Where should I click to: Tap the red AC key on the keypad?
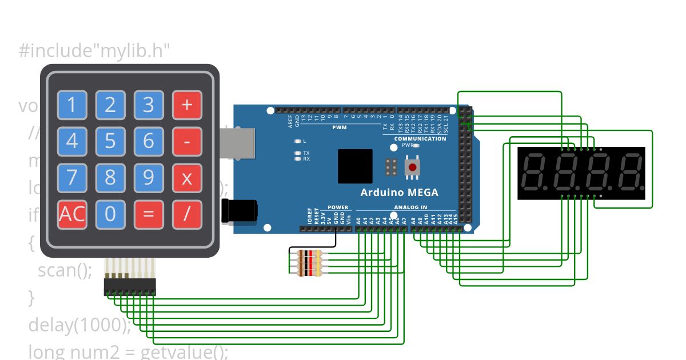pos(72,214)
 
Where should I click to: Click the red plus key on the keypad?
pos(187,105)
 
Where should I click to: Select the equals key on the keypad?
pos(149,214)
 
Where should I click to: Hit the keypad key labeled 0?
pos(110,214)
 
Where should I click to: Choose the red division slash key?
pos(187,214)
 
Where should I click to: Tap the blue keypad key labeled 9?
pos(149,178)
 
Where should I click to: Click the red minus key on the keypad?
pos(187,141)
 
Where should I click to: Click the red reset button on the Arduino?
pos(411,167)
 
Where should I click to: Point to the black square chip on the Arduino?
pos(355,166)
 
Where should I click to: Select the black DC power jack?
pos(239,210)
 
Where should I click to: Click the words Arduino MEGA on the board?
pos(399,193)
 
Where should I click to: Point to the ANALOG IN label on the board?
pos(410,207)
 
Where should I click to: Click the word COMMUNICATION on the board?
pos(420,139)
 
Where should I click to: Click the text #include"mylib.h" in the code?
pos(95,51)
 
